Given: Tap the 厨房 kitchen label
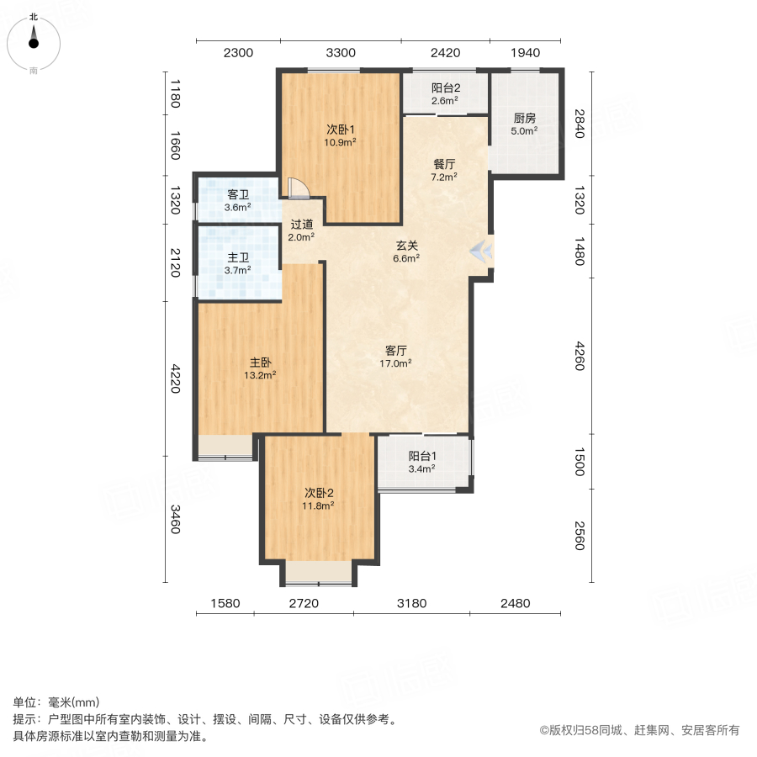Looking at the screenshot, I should point(524,119).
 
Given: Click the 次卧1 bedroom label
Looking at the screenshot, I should point(341,130).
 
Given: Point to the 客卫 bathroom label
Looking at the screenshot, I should point(237,194).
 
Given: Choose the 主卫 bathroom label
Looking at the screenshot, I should point(237,258).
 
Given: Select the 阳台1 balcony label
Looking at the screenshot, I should point(421,457).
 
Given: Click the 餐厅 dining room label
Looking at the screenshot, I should point(443,164).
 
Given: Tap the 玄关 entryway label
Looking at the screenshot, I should point(407,246).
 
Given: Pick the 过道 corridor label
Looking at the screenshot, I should point(301,225).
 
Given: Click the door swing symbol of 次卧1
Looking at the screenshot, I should point(298,188).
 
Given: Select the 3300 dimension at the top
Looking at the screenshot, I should point(341,53).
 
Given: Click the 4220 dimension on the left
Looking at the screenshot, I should point(176,378).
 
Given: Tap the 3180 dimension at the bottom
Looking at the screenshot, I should point(411,603).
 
